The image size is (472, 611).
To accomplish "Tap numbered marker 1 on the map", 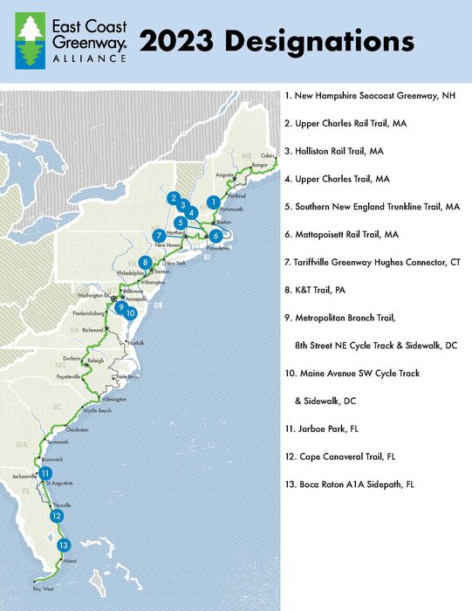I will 212,202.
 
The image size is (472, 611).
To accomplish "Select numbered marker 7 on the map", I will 159,236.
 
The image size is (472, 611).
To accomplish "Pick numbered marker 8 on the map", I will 145,263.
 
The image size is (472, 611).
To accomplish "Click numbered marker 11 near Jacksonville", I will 44,474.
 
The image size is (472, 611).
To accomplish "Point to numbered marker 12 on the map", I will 57,516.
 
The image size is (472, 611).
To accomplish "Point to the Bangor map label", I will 259,164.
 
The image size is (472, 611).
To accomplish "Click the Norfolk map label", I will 134,342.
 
